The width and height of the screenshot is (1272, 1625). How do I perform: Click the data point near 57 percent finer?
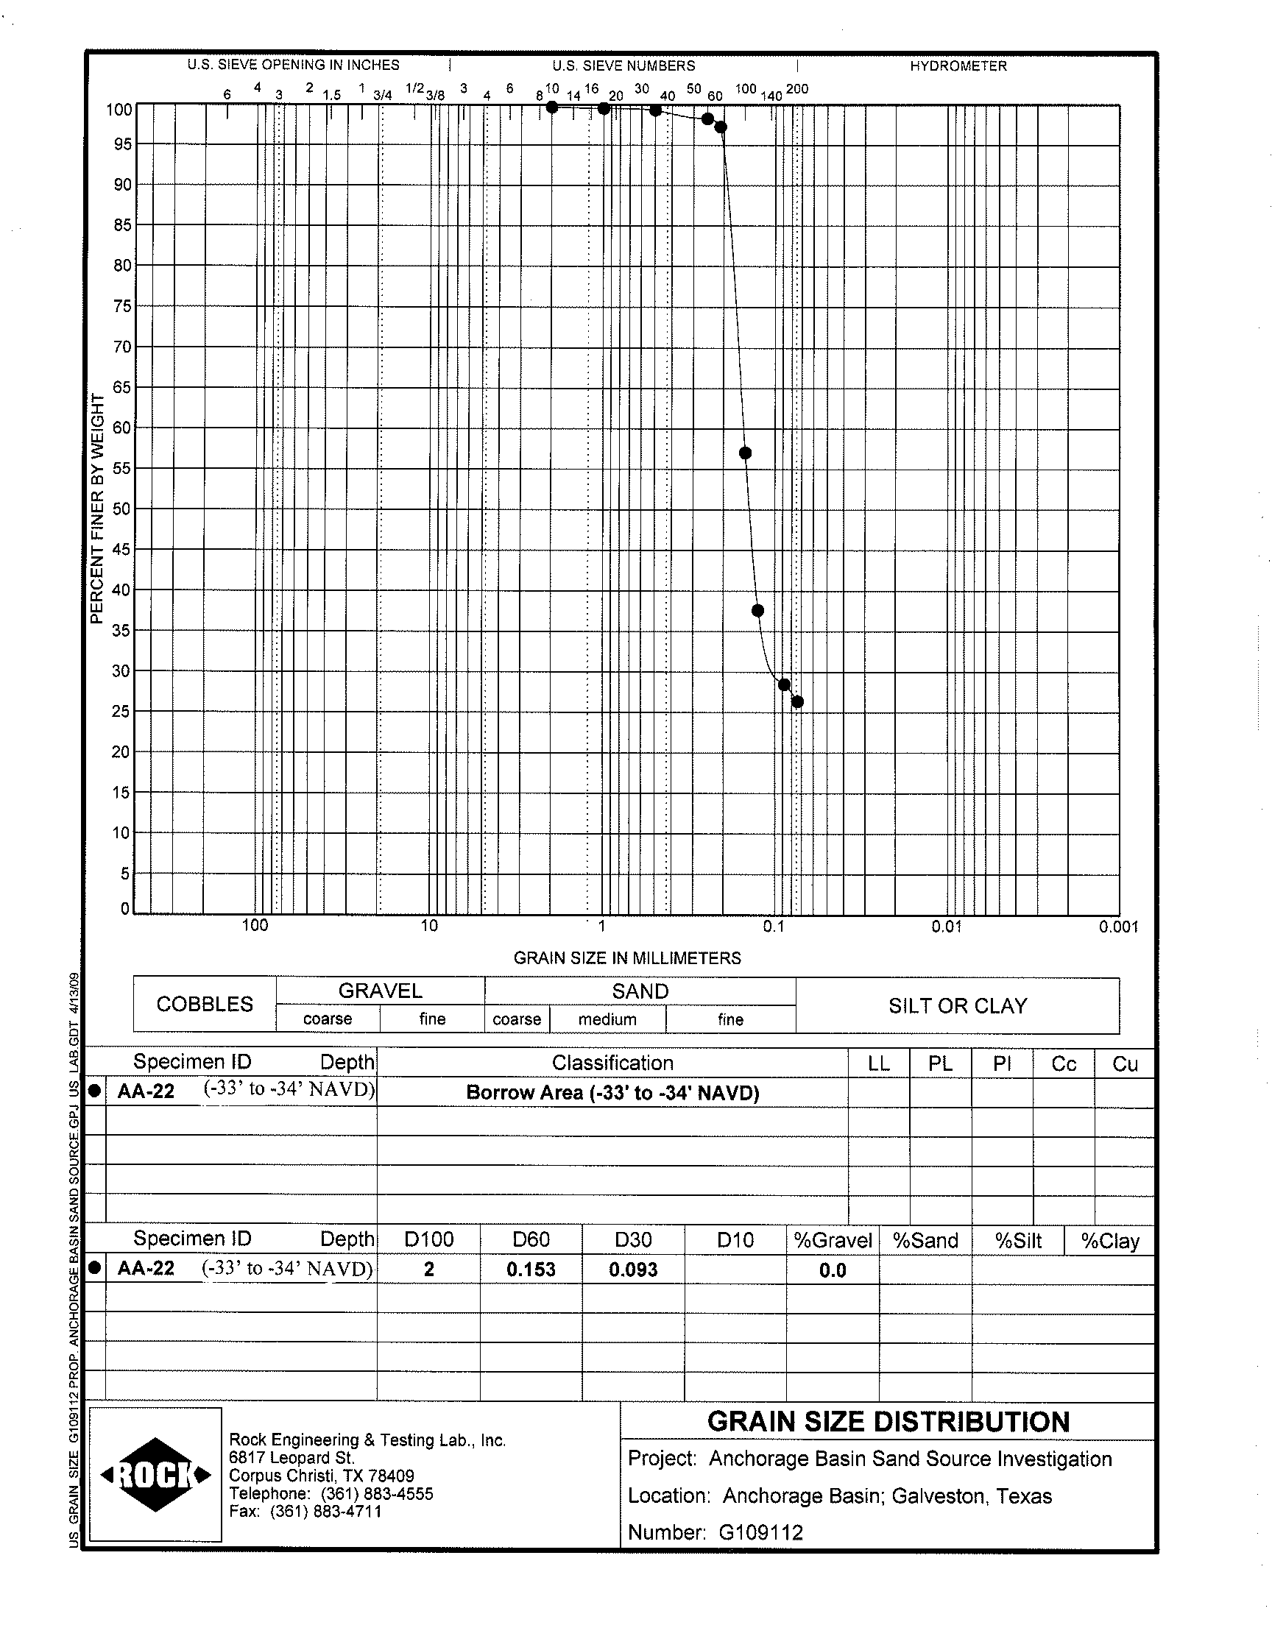pyautogui.click(x=745, y=453)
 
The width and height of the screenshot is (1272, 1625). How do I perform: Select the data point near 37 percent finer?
pyautogui.click(x=757, y=611)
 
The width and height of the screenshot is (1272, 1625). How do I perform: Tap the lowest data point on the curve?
pyautogui.click(x=797, y=702)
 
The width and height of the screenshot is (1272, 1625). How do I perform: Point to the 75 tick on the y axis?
pyautogui.click(x=122, y=306)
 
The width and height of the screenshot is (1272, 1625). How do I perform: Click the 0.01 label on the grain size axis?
pyautogui.click(x=946, y=927)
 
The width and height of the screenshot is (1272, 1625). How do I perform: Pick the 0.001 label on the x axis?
pyautogui.click(x=1118, y=927)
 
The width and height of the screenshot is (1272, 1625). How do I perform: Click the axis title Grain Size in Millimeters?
pyautogui.click(x=627, y=958)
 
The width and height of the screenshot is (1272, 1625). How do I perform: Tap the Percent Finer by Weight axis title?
pyautogui.click(x=97, y=509)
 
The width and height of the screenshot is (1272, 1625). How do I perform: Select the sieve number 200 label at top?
pyautogui.click(x=796, y=89)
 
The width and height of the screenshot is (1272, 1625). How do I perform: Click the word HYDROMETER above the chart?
pyautogui.click(x=958, y=66)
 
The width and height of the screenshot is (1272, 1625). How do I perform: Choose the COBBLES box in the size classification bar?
pyautogui.click(x=205, y=1004)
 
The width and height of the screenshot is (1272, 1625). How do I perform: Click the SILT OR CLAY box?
pyautogui.click(x=957, y=1005)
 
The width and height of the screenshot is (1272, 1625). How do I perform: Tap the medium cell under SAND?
pyautogui.click(x=607, y=1019)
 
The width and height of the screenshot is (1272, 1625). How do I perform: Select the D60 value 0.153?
pyautogui.click(x=531, y=1270)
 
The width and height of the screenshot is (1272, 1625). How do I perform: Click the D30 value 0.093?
pyautogui.click(x=633, y=1270)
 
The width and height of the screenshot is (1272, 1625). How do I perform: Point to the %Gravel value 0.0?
pyautogui.click(x=832, y=1270)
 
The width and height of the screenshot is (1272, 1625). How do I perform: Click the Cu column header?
pyautogui.click(x=1124, y=1063)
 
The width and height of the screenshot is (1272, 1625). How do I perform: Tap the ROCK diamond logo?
pyautogui.click(x=155, y=1475)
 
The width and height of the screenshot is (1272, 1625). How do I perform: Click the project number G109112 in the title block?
pyautogui.click(x=760, y=1532)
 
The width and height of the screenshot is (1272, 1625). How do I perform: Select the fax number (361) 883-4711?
pyautogui.click(x=325, y=1511)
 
